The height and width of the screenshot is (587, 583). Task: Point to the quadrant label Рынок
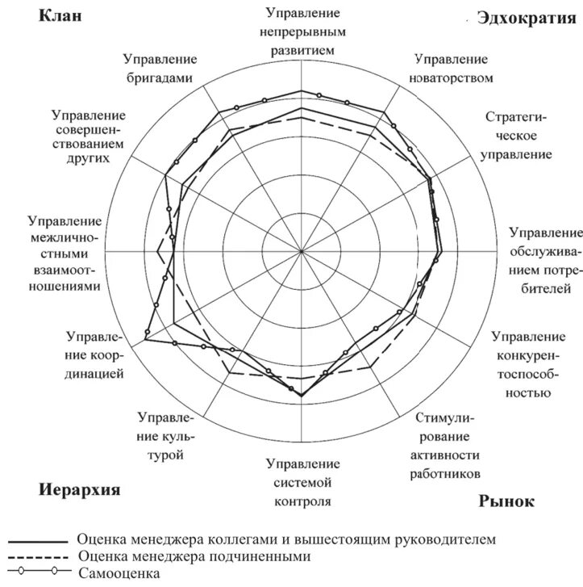pyautogui.click(x=506, y=501)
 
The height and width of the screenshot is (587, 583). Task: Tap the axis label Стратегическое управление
pyautogui.click(x=516, y=135)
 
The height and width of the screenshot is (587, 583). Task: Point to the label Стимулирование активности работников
pyautogui.click(x=448, y=445)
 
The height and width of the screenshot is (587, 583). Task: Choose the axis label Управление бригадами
pyautogui.click(x=161, y=68)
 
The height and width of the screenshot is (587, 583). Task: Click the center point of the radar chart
pyautogui.click(x=301, y=251)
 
